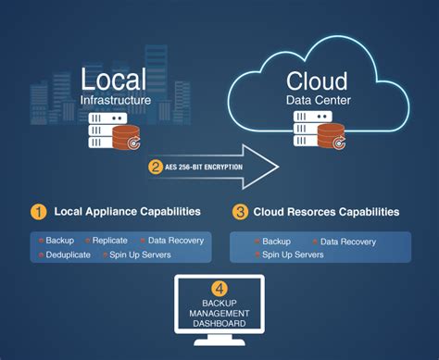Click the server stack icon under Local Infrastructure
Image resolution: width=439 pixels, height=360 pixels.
pyautogui.click(x=109, y=130)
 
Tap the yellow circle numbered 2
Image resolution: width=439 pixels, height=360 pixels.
pyautogui.click(x=155, y=168)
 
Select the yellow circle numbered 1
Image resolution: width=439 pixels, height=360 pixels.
pyautogui.click(x=38, y=211)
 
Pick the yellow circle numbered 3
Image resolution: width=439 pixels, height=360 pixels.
pyautogui.click(x=239, y=211)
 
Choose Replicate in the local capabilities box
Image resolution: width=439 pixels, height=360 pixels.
pyautogui.click(x=109, y=241)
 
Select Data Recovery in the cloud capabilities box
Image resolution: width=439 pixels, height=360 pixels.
pyautogui.click(x=347, y=242)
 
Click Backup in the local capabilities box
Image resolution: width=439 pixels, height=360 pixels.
pyautogui.click(x=59, y=241)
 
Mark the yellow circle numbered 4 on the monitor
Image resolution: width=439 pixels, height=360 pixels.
pyautogui.click(x=219, y=287)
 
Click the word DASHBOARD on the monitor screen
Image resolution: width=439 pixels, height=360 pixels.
pyautogui.click(x=219, y=324)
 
